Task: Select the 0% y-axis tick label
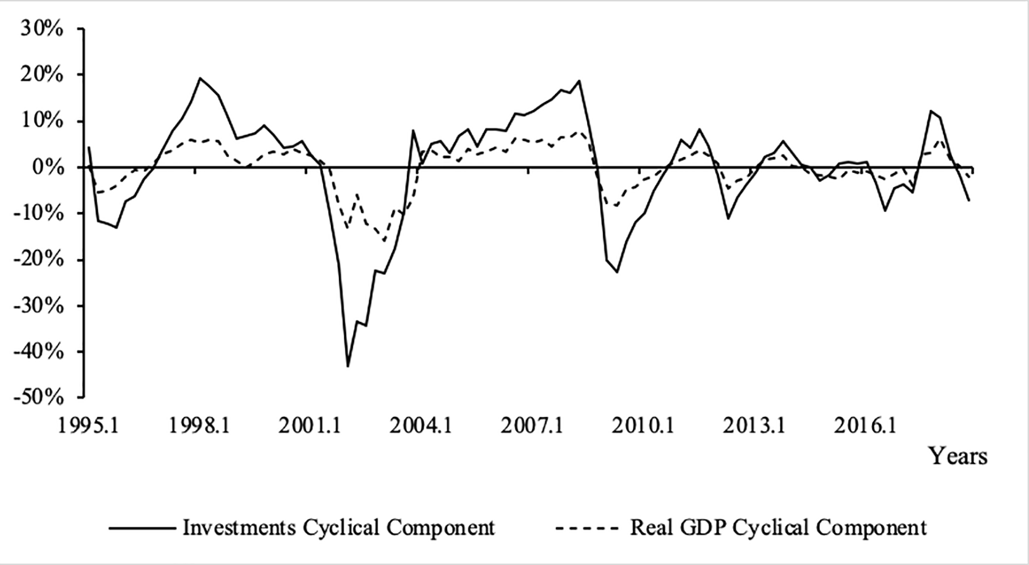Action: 48,168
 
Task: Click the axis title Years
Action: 958,456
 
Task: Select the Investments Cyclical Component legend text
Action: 338,527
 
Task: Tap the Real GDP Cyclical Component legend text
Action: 778,527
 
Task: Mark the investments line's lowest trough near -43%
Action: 347,366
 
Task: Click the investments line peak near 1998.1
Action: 200,78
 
